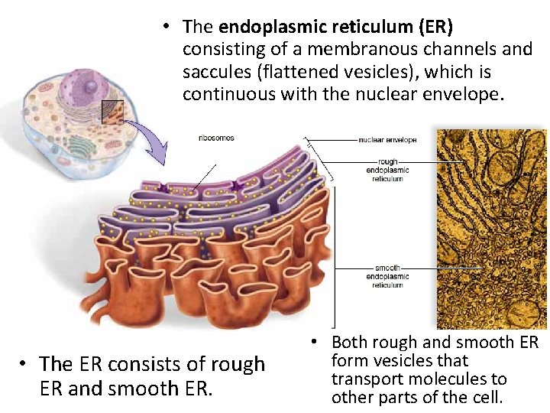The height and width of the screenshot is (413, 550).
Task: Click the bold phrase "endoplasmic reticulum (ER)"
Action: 335,27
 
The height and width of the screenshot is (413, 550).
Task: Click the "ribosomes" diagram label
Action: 216,138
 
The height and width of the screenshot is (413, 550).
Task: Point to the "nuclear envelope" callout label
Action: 387,141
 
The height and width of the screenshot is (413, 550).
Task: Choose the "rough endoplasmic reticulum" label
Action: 387,170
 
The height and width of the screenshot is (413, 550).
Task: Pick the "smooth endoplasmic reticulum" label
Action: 387,276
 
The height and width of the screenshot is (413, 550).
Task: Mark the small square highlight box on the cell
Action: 112,112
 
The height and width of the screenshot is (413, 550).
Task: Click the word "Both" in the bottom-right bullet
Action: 350,343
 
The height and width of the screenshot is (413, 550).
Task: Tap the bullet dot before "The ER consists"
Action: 25,365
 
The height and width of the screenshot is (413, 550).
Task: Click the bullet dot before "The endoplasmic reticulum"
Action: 165,27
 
